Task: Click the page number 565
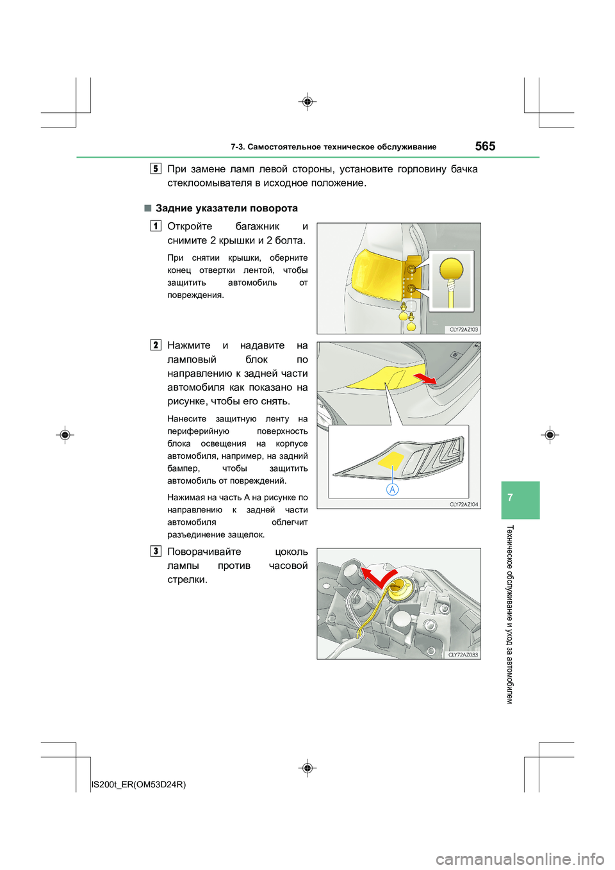tap(485, 146)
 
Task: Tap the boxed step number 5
tap(156, 168)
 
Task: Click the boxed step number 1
tap(156, 226)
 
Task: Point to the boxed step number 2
tap(156, 345)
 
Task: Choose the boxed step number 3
tap(156, 551)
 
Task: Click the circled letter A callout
tap(392, 489)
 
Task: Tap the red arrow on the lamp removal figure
tap(425, 379)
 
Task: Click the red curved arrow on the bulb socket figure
tap(378, 577)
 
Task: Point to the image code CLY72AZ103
tap(463, 329)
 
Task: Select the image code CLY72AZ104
tap(463, 504)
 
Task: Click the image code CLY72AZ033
tap(463, 655)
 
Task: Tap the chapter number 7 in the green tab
tap(510, 498)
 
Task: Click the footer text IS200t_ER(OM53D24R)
tap(139, 784)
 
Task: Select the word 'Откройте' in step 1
tap(190, 226)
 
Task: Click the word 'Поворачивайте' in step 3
tap(204, 552)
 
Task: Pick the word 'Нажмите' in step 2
tap(189, 345)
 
